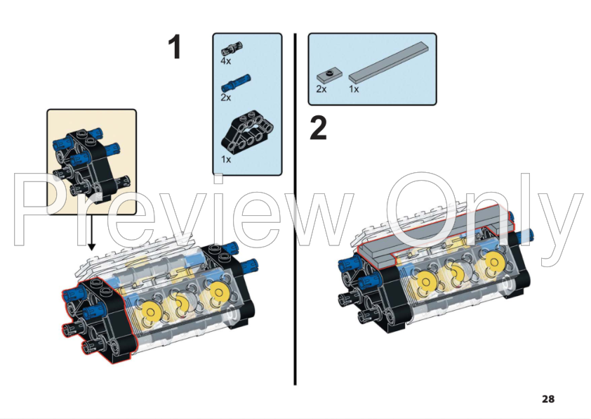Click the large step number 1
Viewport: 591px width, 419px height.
[x=175, y=48]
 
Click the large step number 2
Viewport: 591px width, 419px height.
[x=318, y=129]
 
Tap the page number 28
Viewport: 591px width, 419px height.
[x=548, y=399]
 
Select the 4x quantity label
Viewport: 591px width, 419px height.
[x=226, y=62]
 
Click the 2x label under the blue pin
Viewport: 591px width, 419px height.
[x=226, y=98]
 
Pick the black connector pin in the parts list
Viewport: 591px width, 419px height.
[x=232, y=49]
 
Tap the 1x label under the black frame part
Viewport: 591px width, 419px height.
[x=226, y=160]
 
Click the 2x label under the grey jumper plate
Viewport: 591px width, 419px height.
[x=321, y=89]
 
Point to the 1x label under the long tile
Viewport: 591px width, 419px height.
[x=354, y=89]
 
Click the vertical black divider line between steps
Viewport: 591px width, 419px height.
[x=295, y=211]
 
